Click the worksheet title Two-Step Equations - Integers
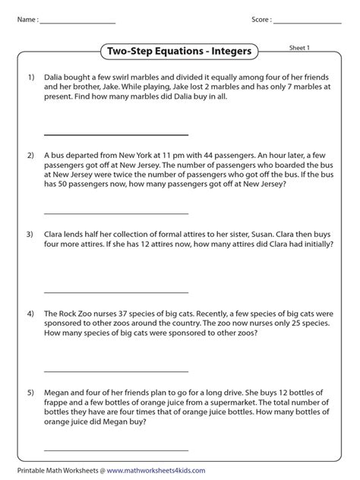[179, 51]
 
